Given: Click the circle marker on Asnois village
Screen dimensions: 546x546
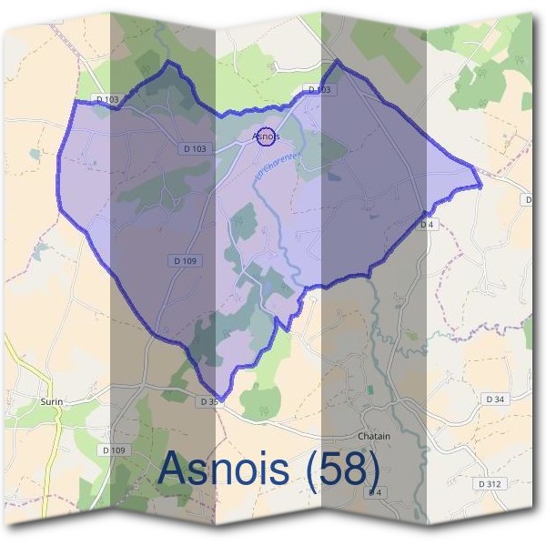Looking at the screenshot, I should [x=266, y=136].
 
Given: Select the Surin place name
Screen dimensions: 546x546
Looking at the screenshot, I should [x=50, y=399].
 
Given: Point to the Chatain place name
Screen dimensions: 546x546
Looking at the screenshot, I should [x=373, y=436].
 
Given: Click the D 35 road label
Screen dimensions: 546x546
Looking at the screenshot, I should [x=208, y=400].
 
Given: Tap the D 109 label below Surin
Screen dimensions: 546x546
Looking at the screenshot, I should [x=114, y=450].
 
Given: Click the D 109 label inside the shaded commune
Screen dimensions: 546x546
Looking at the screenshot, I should [x=185, y=260].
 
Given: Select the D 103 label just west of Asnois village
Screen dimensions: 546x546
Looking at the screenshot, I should [x=195, y=148].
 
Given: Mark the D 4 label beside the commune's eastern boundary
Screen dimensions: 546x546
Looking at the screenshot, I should [x=428, y=224].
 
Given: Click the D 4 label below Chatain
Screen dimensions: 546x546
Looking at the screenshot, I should [x=374, y=492].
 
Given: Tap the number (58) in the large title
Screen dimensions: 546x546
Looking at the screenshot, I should [x=343, y=468].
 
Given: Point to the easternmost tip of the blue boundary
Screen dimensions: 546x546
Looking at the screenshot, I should [x=480, y=186].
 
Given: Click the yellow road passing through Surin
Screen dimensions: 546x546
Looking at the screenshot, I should [x=57, y=437].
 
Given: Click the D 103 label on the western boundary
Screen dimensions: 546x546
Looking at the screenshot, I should [x=106, y=98].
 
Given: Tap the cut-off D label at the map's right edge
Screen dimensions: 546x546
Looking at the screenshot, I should [x=529, y=198].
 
